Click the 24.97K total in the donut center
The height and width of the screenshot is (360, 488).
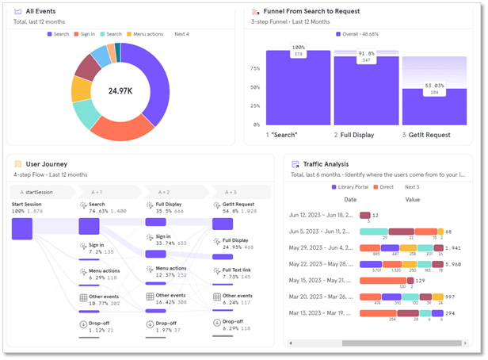coord(120,91)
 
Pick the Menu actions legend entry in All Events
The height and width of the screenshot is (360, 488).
coord(147,34)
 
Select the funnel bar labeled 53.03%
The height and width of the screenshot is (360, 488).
coord(433,106)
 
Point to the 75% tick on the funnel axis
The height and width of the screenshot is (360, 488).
coord(254,68)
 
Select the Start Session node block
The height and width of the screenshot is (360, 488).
coord(21,228)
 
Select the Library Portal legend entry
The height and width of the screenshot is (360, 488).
coord(352,187)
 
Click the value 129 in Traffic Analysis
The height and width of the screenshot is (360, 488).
coord(421,280)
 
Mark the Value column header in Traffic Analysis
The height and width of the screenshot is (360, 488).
coord(413,199)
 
